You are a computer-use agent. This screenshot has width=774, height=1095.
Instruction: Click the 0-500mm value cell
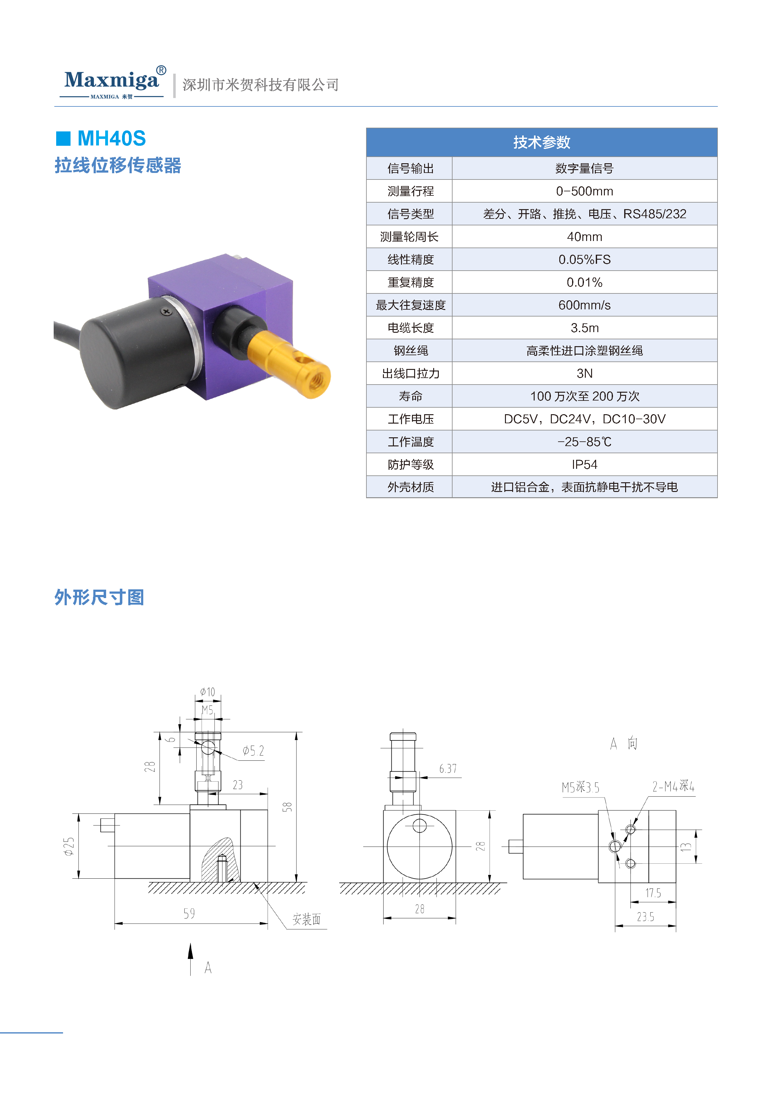584,191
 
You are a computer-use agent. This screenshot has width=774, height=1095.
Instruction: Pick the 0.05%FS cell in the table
584,259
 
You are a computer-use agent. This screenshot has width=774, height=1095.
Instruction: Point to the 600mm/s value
584,305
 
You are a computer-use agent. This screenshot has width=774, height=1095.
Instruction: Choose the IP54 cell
584,464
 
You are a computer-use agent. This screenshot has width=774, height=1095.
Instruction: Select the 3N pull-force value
584,373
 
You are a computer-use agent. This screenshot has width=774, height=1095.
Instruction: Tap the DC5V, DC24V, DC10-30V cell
584,419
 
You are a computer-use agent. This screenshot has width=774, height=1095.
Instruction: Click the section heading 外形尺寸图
99,597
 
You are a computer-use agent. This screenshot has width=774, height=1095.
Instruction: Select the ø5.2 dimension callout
253,751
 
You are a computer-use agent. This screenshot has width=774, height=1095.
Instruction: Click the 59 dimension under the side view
189,914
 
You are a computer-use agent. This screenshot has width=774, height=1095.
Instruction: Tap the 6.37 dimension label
448,769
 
